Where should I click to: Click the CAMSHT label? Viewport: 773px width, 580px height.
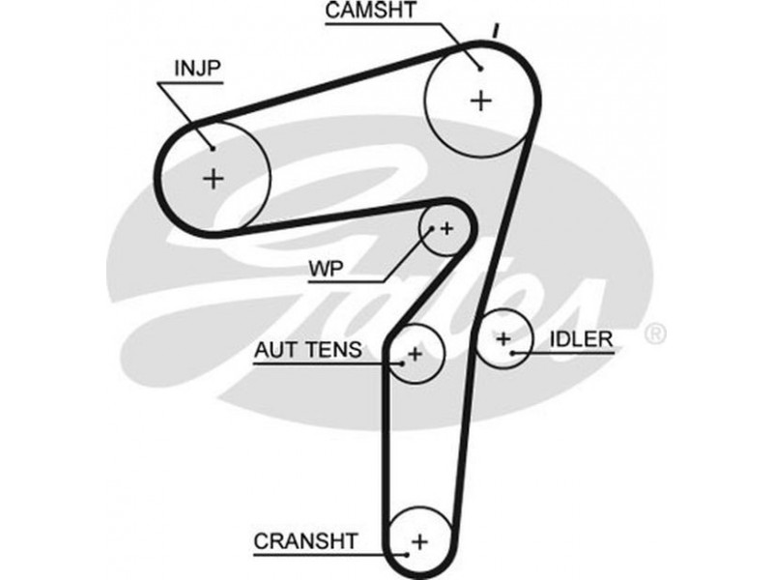[x=371, y=13]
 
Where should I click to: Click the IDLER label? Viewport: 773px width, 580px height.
[x=582, y=339]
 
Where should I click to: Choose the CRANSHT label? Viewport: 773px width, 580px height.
[x=306, y=540]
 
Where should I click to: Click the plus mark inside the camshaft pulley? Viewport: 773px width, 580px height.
[x=481, y=100]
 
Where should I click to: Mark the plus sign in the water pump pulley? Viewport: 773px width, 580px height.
[x=446, y=228]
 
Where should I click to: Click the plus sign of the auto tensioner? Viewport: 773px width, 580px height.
[x=415, y=354]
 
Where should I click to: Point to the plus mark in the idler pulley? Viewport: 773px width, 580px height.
[x=502, y=338]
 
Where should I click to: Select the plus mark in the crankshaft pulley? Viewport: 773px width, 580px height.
[x=420, y=539]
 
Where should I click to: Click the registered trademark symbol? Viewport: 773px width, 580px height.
[x=655, y=334]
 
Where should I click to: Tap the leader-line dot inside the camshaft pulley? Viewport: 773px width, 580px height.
[x=479, y=67]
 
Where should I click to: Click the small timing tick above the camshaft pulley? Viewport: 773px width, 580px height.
[x=495, y=30]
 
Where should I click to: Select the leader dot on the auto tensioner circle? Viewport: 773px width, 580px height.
[x=402, y=363]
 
